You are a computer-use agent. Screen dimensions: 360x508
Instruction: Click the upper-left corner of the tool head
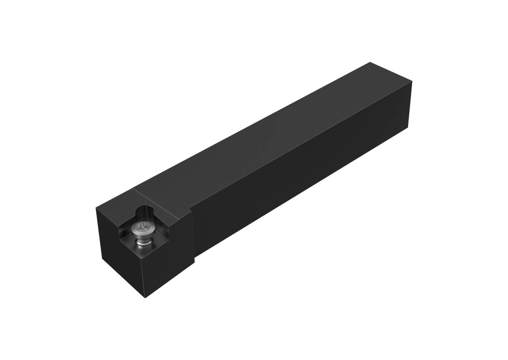click(97, 208)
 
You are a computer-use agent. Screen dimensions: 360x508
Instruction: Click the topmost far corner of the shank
click(370, 62)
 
